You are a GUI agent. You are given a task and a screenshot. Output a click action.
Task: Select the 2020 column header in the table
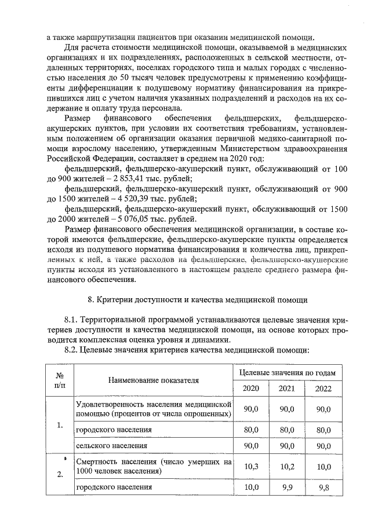[251, 389]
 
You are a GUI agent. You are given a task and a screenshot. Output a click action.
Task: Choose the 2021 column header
[287, 389]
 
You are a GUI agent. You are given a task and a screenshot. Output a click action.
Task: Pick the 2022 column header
[323, 389]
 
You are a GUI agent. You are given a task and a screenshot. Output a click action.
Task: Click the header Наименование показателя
[153, 380]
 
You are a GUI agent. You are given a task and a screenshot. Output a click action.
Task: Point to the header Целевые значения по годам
[287, 372]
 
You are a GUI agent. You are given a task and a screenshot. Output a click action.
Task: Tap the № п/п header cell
[60, 380]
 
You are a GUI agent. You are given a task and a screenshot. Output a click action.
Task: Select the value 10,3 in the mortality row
[251, 466]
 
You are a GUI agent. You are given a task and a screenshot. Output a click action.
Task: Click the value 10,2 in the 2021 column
[287, 466]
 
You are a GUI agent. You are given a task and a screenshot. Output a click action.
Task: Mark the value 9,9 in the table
[287, 488]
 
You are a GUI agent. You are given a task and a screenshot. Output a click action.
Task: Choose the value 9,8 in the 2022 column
[323, 488]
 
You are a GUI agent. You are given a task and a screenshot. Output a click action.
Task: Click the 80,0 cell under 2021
[287, 430]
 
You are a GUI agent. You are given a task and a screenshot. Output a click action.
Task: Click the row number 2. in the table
[60, 475]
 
